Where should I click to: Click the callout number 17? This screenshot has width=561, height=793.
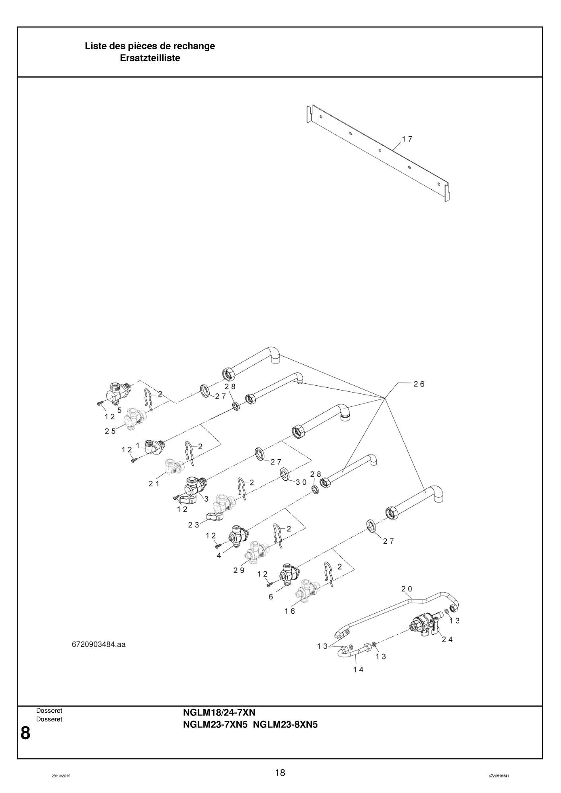coord(407,139)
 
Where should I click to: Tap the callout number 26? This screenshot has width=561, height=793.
coord(419,384)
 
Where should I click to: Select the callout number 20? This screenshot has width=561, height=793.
coord(407,589)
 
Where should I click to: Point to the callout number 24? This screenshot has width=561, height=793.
coord(447,639)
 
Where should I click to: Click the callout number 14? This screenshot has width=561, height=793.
coord(358,669)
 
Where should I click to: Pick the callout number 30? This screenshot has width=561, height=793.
coord(301,482)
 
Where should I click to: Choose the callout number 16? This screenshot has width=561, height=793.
coord(290,611)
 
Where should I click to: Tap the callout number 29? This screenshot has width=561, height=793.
coord(239,570)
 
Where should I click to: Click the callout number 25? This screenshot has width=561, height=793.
coord(110,431)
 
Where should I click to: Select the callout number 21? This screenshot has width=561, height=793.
coord(154,484)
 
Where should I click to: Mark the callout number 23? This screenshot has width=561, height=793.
coord(194,525)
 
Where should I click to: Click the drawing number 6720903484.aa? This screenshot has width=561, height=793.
coord(99,644)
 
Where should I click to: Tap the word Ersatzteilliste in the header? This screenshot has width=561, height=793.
coord(150,58)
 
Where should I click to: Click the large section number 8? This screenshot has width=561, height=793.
coord(25,733)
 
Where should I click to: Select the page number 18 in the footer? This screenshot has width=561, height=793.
coord(280,773)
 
